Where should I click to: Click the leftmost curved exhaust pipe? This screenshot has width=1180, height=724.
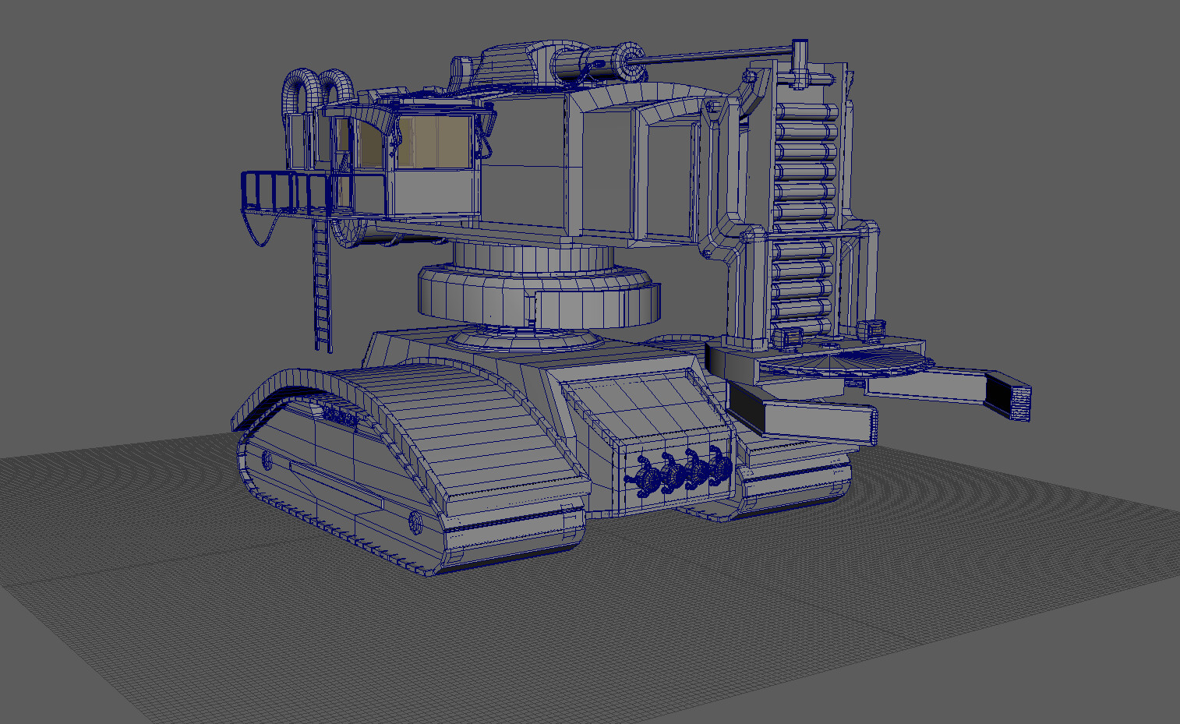[298, 90]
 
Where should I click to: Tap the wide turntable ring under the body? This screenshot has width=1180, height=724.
[538, 296]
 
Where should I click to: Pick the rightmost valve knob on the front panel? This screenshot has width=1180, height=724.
[718, 467]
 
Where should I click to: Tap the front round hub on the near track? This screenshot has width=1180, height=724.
[415, 522]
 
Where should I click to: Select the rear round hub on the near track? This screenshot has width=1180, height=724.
[267, 460]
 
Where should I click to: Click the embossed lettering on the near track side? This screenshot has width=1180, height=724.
[341, 416]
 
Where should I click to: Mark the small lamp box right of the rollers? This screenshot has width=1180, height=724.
[872, 329]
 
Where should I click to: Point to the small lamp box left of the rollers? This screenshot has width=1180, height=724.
[789, 337]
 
